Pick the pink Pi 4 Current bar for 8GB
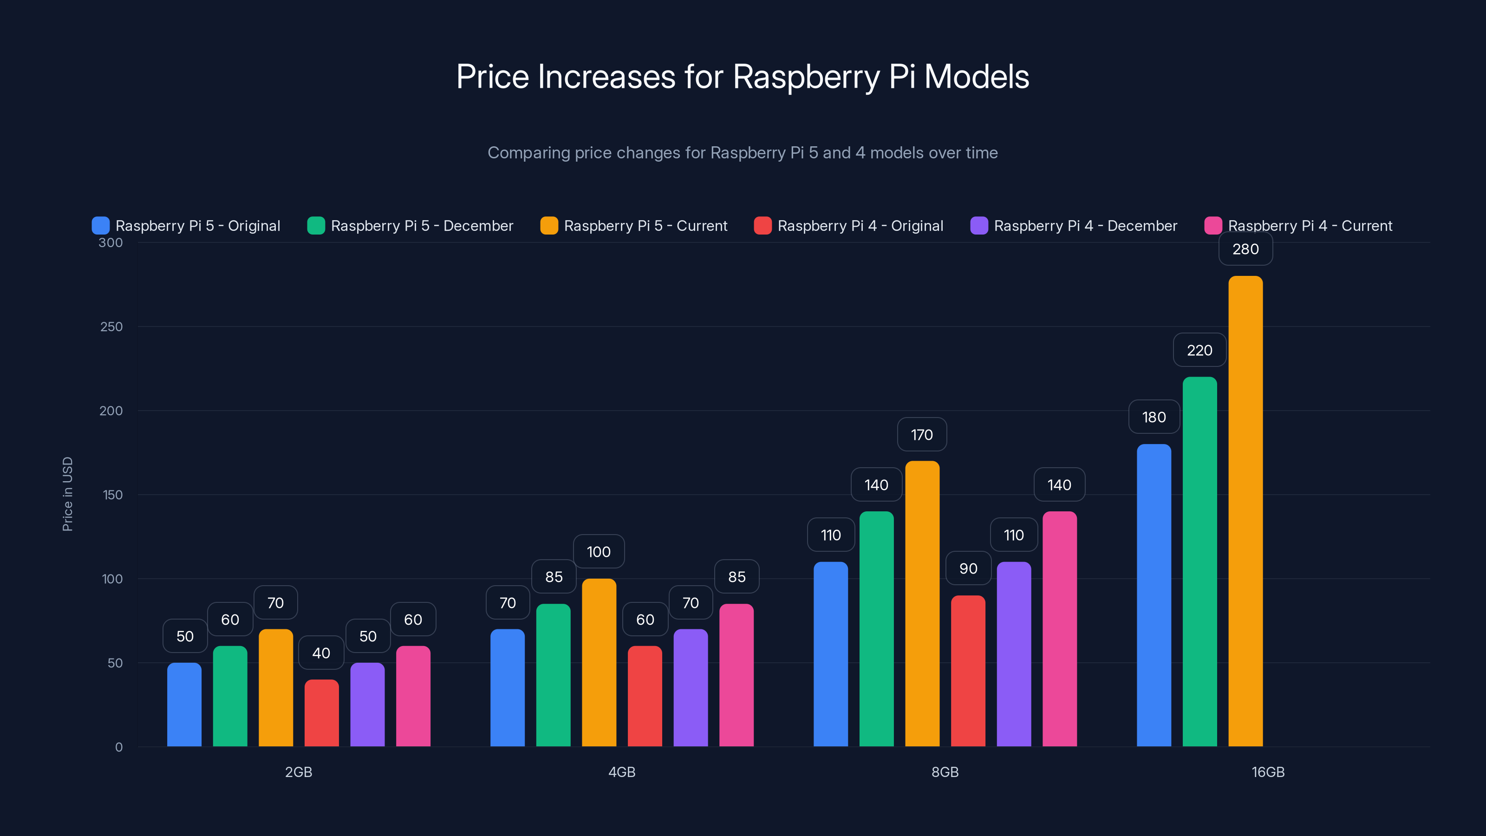[x=1059, y=629]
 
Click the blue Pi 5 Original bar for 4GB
[x=507, y=688]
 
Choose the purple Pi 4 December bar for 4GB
[x=690, y=688]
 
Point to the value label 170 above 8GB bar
[x=921, y=434]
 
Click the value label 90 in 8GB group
[x=968, y=568]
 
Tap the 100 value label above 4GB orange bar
[x=598, y=552]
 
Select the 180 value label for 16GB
[x=1154, y=417]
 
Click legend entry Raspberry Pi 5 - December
[x=422, y=226]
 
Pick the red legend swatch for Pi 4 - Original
[x=762, y=226]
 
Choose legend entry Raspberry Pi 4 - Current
[x=1310, y=226]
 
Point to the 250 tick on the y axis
[x=111, y=327]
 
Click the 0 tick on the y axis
[x=119, y=747]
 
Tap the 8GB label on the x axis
[x=945, y=772]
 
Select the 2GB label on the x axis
[x=298, y=772]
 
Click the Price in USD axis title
[x=67, y=494]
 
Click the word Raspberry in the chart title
[x=806, y=77]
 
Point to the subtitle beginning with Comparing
[x=743, y=153]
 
